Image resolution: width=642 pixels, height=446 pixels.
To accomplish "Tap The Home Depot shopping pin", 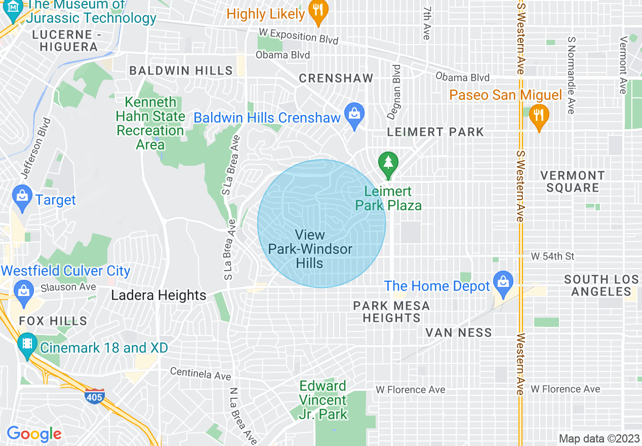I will tap(503, 284).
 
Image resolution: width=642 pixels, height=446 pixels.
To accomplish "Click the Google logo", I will tap(34, 434).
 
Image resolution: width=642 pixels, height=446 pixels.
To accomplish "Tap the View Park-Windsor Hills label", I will tap(310, 249).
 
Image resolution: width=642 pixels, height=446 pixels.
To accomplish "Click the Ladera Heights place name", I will tap(158, 295).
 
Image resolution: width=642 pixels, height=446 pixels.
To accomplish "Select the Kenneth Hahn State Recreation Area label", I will tap(150, 124).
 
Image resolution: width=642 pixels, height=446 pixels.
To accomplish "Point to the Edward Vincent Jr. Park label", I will tap(323, 400).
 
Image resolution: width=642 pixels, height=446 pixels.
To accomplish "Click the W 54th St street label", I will tap(552, 256).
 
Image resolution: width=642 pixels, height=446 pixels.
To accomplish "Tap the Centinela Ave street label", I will tap(200, 374).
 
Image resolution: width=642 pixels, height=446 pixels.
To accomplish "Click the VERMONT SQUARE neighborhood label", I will tap(572, 181).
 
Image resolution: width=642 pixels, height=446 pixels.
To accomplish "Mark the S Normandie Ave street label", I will tap(572, 75).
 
